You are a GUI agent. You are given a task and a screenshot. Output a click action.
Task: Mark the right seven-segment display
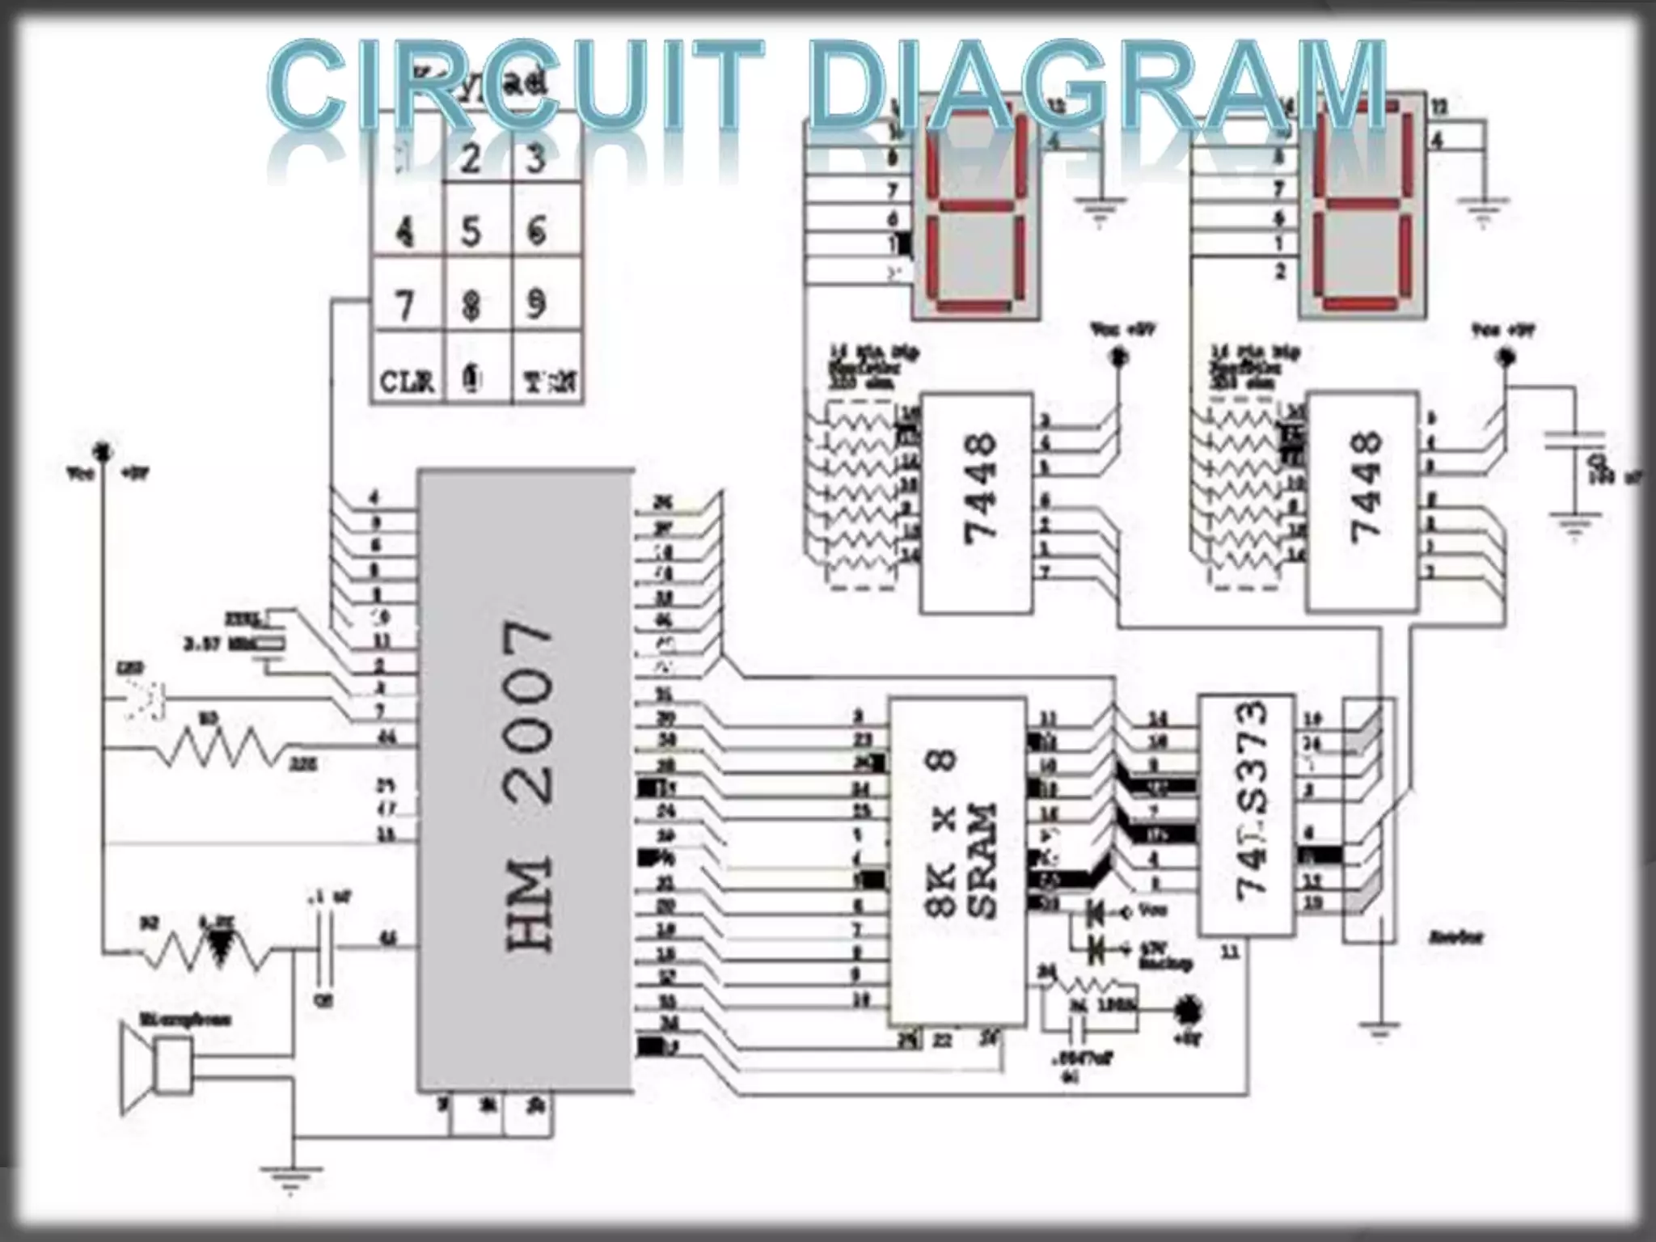coord(1362,214)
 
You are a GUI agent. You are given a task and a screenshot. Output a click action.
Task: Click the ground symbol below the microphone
coord(291,1177)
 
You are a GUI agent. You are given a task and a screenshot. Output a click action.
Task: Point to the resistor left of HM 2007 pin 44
coord(218,748)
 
